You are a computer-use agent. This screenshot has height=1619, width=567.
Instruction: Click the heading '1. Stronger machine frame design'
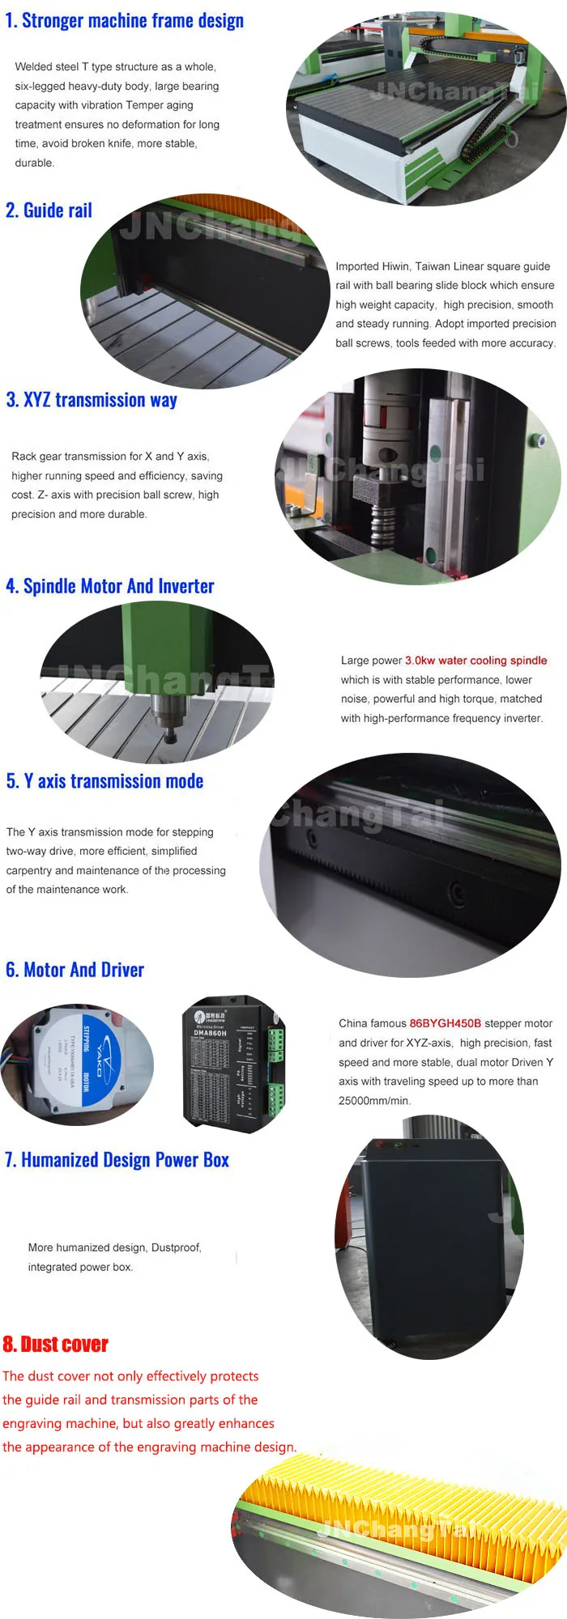[x=124, y=21]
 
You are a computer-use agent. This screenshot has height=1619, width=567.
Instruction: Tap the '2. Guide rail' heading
[x=49, y=210]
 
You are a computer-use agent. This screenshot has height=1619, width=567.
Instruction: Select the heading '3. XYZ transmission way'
[x=92, y=400]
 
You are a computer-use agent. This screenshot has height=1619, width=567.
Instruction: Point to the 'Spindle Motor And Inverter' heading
[x=118, y=586]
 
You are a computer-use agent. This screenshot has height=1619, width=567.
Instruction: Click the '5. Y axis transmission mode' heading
[x=104, y=781]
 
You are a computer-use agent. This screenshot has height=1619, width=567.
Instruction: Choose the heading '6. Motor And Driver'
[x=75, y=970]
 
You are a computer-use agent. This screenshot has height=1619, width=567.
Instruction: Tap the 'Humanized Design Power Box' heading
[x=125, y=1160]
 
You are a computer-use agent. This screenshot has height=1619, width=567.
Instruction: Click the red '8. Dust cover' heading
[x=55, y=1345]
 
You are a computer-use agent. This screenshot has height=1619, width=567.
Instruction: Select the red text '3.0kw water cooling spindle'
[x=475, y=661]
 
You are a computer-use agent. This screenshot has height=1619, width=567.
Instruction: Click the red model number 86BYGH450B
[x=445, y=1023]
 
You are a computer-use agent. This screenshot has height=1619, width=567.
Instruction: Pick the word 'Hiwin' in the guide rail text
[x=395, y=266]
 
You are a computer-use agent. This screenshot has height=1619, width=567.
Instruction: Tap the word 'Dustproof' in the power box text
[x=175, y=1247]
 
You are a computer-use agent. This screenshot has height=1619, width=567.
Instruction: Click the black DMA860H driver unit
[x=233, y=1062]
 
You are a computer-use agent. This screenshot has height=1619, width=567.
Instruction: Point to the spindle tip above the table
[x=170, y=735]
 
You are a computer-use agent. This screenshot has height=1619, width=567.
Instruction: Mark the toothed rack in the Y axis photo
[x=364, y=870]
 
